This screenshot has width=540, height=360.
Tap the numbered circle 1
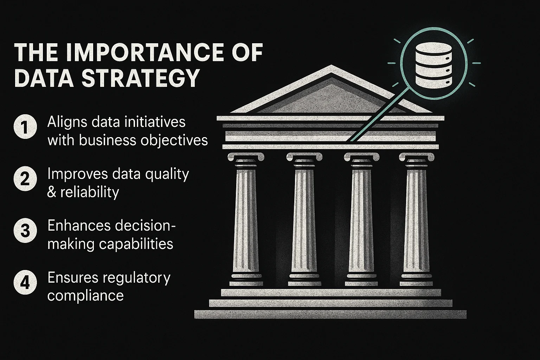point(25,127)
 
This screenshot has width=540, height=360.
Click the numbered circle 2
point(25,179)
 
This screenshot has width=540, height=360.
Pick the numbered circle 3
point(25,231)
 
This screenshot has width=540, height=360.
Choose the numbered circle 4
point(25,282)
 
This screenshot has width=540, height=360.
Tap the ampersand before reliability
point(52,192)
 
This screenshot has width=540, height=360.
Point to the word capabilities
point(136,244)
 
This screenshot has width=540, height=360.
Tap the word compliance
point(85,296)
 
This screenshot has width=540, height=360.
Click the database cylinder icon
point(434,65)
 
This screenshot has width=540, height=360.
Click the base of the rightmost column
point(416,280)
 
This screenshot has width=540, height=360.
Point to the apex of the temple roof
point(331,65)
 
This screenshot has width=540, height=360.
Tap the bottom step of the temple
point(330,314)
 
